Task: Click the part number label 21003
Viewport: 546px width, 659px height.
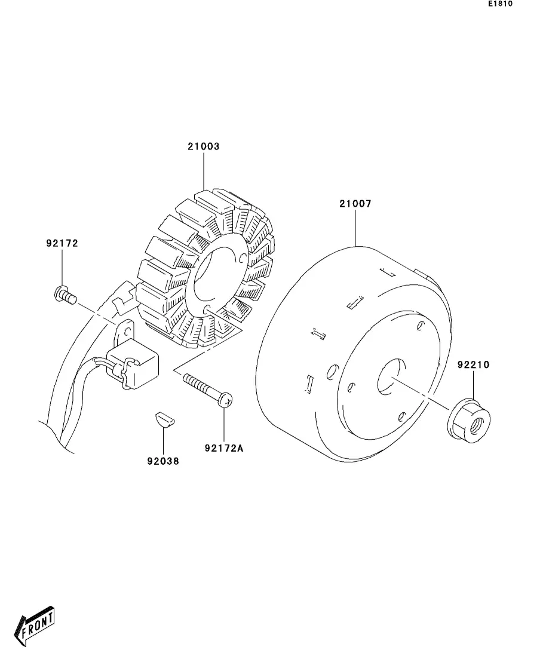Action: pos(203,146)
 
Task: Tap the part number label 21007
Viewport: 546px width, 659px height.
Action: pos(355,204)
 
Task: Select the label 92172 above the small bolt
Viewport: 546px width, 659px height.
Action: pos(62,244)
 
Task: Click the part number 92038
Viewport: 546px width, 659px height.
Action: pos(162,461)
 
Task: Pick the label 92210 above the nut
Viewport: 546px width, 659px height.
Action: pos(474,364)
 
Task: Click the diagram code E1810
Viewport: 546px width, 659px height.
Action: pos(500,4)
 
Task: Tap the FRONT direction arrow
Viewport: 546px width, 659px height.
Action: pos(37,627)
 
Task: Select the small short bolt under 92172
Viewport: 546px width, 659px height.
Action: pos(63,295)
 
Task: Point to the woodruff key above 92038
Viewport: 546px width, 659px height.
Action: pos(163,418)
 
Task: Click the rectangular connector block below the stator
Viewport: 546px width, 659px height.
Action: pos(136,363)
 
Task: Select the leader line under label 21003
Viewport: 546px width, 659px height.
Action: pos(203,170)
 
